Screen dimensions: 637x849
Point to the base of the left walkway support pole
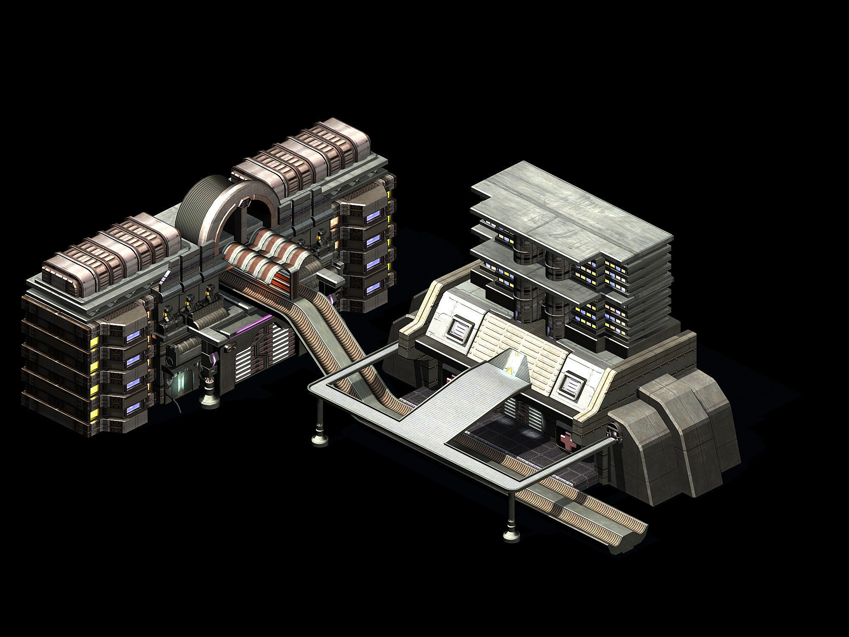click(x=320, y=439)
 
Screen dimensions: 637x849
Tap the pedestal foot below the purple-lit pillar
click(x=210, y=399)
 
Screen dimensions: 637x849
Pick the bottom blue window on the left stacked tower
click(x=133, y=408)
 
